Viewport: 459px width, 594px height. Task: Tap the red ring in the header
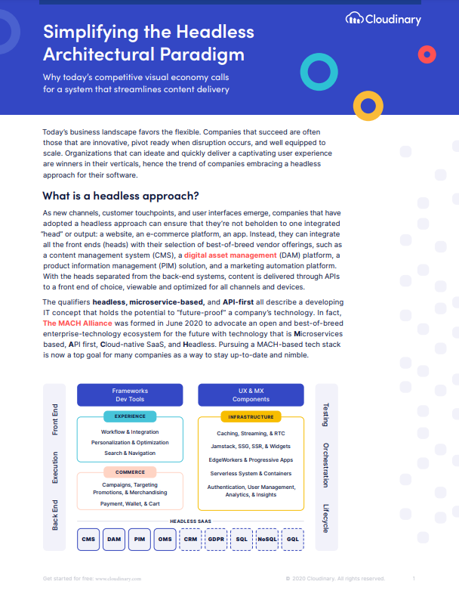coord(427,54)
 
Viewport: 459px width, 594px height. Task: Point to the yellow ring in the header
coord(368,105)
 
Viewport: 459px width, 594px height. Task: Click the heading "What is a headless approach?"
coord(121,196)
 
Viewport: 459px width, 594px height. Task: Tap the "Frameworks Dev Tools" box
coord(130,395)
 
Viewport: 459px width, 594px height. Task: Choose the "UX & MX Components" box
coord(251,395)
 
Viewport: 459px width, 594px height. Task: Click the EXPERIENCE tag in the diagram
coord(130,416)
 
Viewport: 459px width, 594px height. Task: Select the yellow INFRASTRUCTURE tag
coord(251,416)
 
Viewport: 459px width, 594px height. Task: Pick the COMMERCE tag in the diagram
coord(130,472)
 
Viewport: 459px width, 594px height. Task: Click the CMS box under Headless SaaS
coord(89,539)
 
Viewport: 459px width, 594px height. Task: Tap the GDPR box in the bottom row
coord(216,539)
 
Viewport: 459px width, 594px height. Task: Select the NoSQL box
coord(266,539)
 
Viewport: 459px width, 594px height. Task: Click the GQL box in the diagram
coord(292,539)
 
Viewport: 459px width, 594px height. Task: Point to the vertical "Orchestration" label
coord(325,465)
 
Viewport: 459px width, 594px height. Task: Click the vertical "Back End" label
coord(55,515)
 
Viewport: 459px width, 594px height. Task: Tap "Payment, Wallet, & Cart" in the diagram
coord(130,503)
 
